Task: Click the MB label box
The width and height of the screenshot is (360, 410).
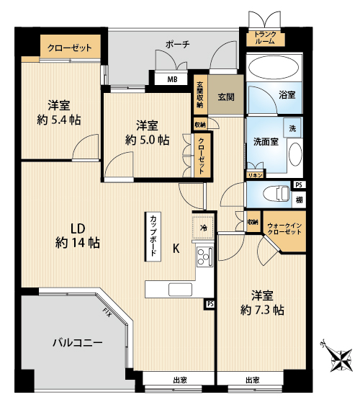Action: tap(174, 79)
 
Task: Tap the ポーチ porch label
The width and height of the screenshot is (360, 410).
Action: tap(177, 44)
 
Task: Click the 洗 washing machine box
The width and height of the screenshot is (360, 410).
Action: tap(292, 128)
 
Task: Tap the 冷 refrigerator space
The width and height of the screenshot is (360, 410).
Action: tap(203, 227)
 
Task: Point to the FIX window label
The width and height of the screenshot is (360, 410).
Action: tap(107, 311)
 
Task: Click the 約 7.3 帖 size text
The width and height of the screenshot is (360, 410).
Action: tap(262, 311)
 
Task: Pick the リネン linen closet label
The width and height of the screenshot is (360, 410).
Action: tap(254, 174)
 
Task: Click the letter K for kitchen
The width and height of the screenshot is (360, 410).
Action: tap(176, 249)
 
